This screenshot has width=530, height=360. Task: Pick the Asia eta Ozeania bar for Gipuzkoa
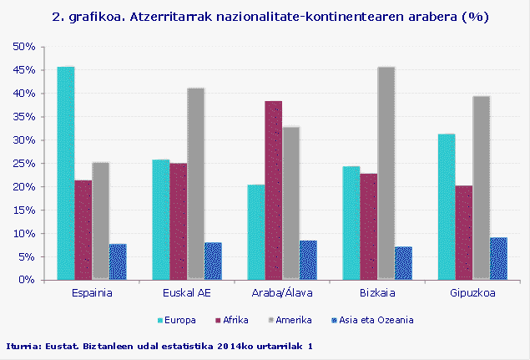click(x=499, y=258)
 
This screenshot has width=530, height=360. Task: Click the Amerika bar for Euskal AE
click(x=195, y=184)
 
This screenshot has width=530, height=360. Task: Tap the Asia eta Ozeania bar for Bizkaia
click(x=403, y=263)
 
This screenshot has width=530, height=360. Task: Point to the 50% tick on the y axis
click(x=23, y=47)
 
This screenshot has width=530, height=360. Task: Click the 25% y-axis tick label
click(x=23, y=164)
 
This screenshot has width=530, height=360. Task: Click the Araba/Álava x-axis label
click(x=281, y=293)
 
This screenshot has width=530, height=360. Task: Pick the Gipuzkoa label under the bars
click(x=472, y=293)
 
